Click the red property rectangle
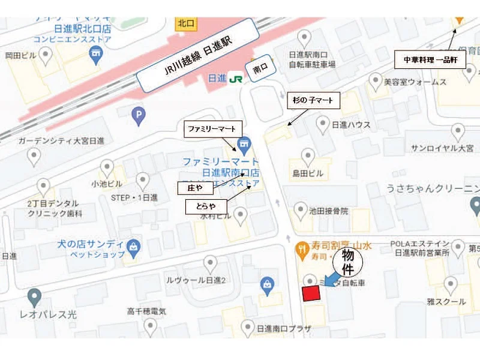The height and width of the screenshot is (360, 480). pyautogui.click(x=311, y=293)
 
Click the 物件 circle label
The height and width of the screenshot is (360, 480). pyautogui.click(x=349, y=265)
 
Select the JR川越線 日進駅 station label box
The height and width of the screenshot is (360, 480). pyautogui.click(x=195, y=54)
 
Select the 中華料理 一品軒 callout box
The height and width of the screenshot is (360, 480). pyautogui.click(x=430, y=61)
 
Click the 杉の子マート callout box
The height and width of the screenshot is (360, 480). pyautogui.click(x=313, y=100)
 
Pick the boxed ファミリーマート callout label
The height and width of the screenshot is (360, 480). pyautogui.click(x=213, y=129)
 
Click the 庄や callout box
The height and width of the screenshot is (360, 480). pyautogui.click(x=196, y=188)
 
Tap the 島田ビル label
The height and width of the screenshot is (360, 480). pyautogui.click(x=308, y=173)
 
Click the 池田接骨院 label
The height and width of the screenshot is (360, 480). pyautogui.click(x=329, y=211)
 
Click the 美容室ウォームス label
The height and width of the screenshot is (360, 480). pyautogui.click(x=416, y=82)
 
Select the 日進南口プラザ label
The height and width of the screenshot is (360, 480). pyautogui.click(x=283, y=328)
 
